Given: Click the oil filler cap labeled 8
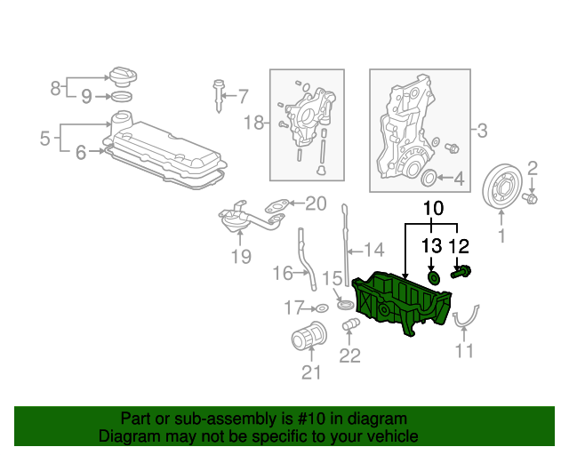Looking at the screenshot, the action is pyautogui.click(x=123, y=76).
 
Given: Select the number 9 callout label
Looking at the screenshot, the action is pyautogui.click(x=86, y=97).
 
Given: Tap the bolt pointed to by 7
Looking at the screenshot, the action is pyautogui.click(x=218, y=96).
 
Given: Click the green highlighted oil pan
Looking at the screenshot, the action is pyautogui.click(x=402, y=305).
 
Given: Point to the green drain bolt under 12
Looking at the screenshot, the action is pyautogui.click(x=461, y=272).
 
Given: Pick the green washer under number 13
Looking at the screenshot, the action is pyautogui.click(x=434, y=277).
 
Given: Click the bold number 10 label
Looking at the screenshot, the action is pyautogui.click(x=433, y=209).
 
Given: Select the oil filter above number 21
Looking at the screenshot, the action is pyautogui.click(x=309, y=336).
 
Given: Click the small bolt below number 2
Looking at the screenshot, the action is pyautogui.click(x=530, y=198).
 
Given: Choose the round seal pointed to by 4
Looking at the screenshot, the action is pyautogui.click(x=429, y=178).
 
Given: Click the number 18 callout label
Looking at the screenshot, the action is pyautogui.click(x=253, y=123).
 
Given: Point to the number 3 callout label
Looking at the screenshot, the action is pyautogui.click(x=482, y=131).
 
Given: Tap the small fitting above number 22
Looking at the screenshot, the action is pyautogui.click(x=351, y=323).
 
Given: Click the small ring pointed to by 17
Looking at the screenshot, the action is pyautogui.click(x=322, y=308).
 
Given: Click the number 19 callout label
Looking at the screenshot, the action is pyautogui.click(x=241, y=257).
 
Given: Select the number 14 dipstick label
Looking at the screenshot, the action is pyautogui.click(x=373, y=250).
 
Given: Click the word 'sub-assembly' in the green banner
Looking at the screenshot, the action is pyautogui.click(x=225, y=419).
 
